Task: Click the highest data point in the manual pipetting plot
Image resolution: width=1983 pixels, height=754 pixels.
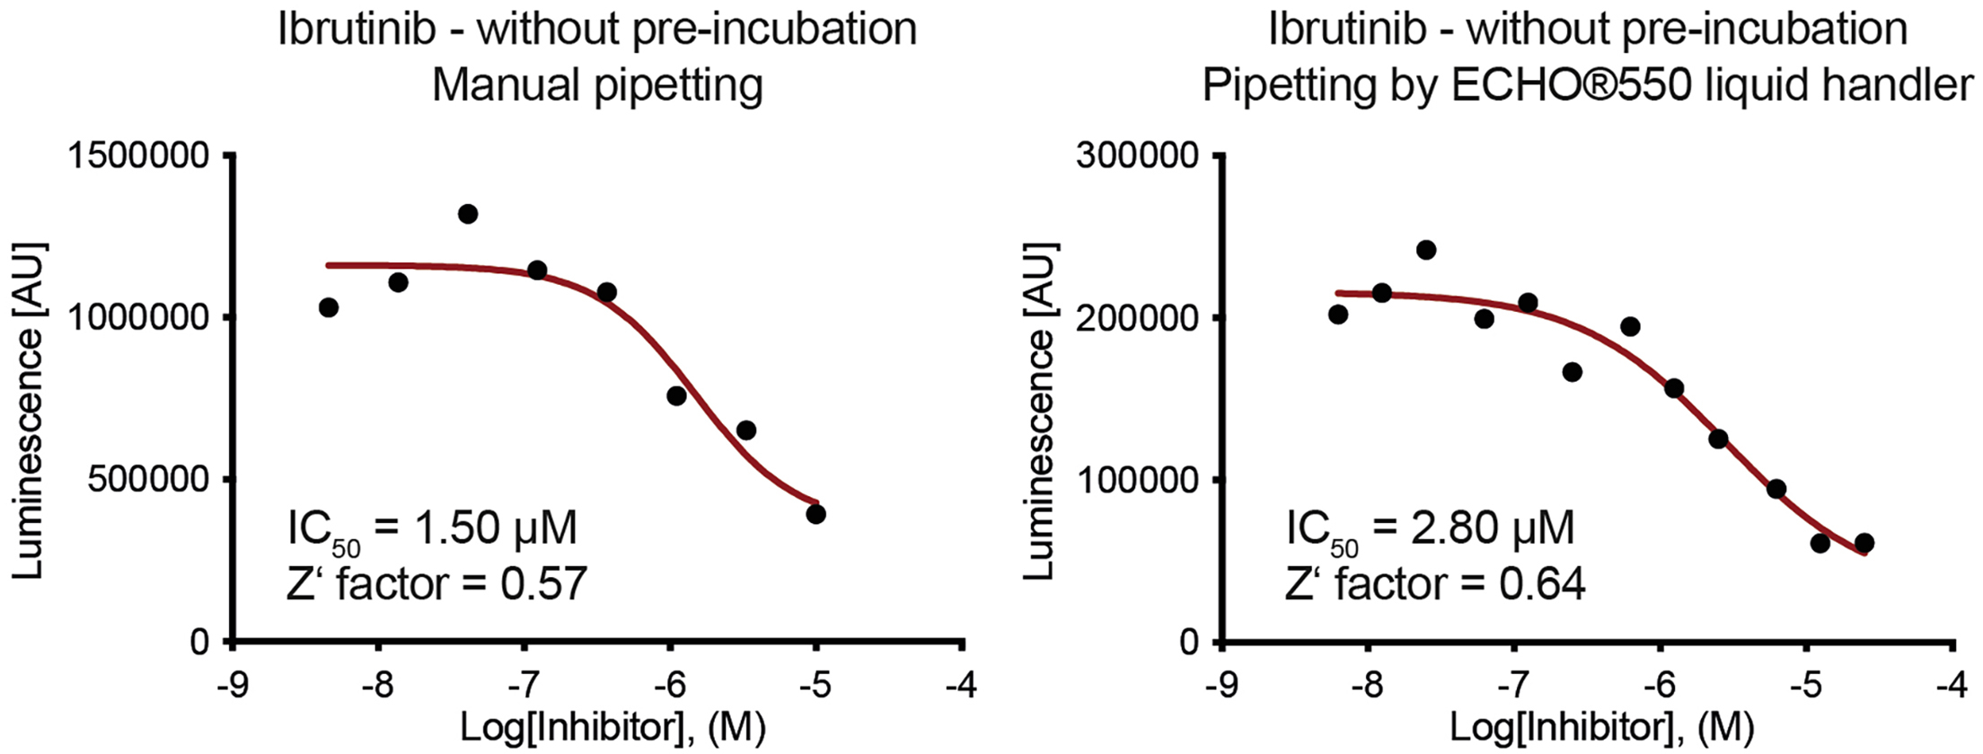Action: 468,214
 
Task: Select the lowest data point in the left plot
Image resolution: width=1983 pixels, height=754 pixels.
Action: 815,514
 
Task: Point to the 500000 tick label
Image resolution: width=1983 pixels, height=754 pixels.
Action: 148,480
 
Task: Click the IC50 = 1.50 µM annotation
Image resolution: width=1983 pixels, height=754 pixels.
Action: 432,529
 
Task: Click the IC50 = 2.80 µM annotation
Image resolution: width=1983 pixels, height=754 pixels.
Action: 1430,529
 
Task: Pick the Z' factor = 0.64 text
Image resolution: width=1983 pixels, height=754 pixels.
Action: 1434,583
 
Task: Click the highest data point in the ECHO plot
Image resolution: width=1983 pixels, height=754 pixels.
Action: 1426,250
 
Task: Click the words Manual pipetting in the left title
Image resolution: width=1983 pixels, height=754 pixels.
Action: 597,86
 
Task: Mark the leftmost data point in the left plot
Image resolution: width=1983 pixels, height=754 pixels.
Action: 329,307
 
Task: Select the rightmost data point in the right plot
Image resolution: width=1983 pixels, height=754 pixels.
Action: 1864,543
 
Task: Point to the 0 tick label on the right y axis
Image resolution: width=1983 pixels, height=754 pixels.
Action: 1187,642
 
